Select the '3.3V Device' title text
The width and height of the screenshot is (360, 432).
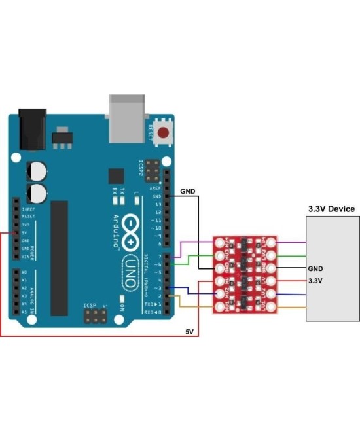click(331, 209)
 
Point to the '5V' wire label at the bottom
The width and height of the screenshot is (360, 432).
click(190, 332)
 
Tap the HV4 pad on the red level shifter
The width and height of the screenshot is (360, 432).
click(221, 244)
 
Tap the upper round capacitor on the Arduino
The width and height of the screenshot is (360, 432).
click(37, 171)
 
